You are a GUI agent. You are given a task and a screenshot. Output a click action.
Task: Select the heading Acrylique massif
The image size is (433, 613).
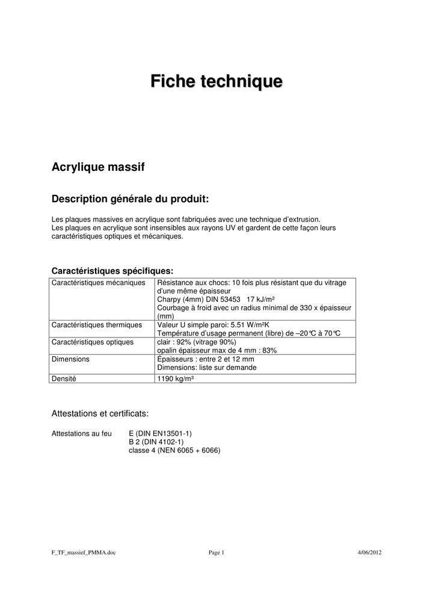(x=98, y=167)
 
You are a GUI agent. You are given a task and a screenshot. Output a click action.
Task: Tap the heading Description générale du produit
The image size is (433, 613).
(x=131, y=199)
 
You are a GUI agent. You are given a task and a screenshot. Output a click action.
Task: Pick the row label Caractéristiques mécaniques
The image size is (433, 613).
(x=99, y=282)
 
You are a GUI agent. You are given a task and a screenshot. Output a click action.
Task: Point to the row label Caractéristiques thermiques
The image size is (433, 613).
(x=97, y=325)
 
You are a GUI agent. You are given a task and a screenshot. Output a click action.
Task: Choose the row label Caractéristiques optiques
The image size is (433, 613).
(x=93, y=342)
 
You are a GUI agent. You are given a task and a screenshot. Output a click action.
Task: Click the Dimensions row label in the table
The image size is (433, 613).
(x=70, y=359)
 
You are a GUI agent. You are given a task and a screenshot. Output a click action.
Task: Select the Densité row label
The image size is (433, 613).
(x=64, y=379)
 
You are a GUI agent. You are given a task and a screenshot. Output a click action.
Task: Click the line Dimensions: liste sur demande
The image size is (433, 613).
(x=206, y=367)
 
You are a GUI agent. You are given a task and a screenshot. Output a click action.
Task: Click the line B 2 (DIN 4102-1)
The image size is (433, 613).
(x=156, y=442)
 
